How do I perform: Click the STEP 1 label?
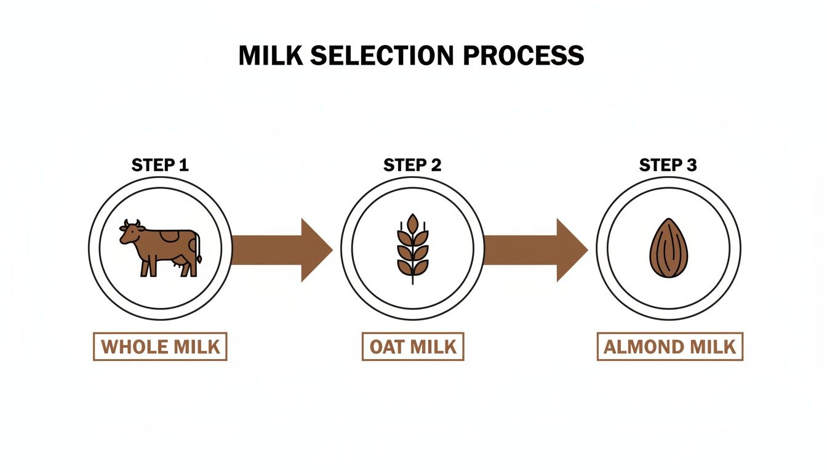point(160,165)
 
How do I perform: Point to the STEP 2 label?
point(412,165)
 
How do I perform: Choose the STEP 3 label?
point(668,165)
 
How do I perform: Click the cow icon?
point(161,248)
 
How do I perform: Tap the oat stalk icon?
point(412,248)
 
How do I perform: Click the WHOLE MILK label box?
point(160,347)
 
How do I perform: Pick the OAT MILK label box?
point(412,347)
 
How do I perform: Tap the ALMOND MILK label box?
point(669,347)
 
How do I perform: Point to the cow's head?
point(130,233)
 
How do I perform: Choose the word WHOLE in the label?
point(134,347)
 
